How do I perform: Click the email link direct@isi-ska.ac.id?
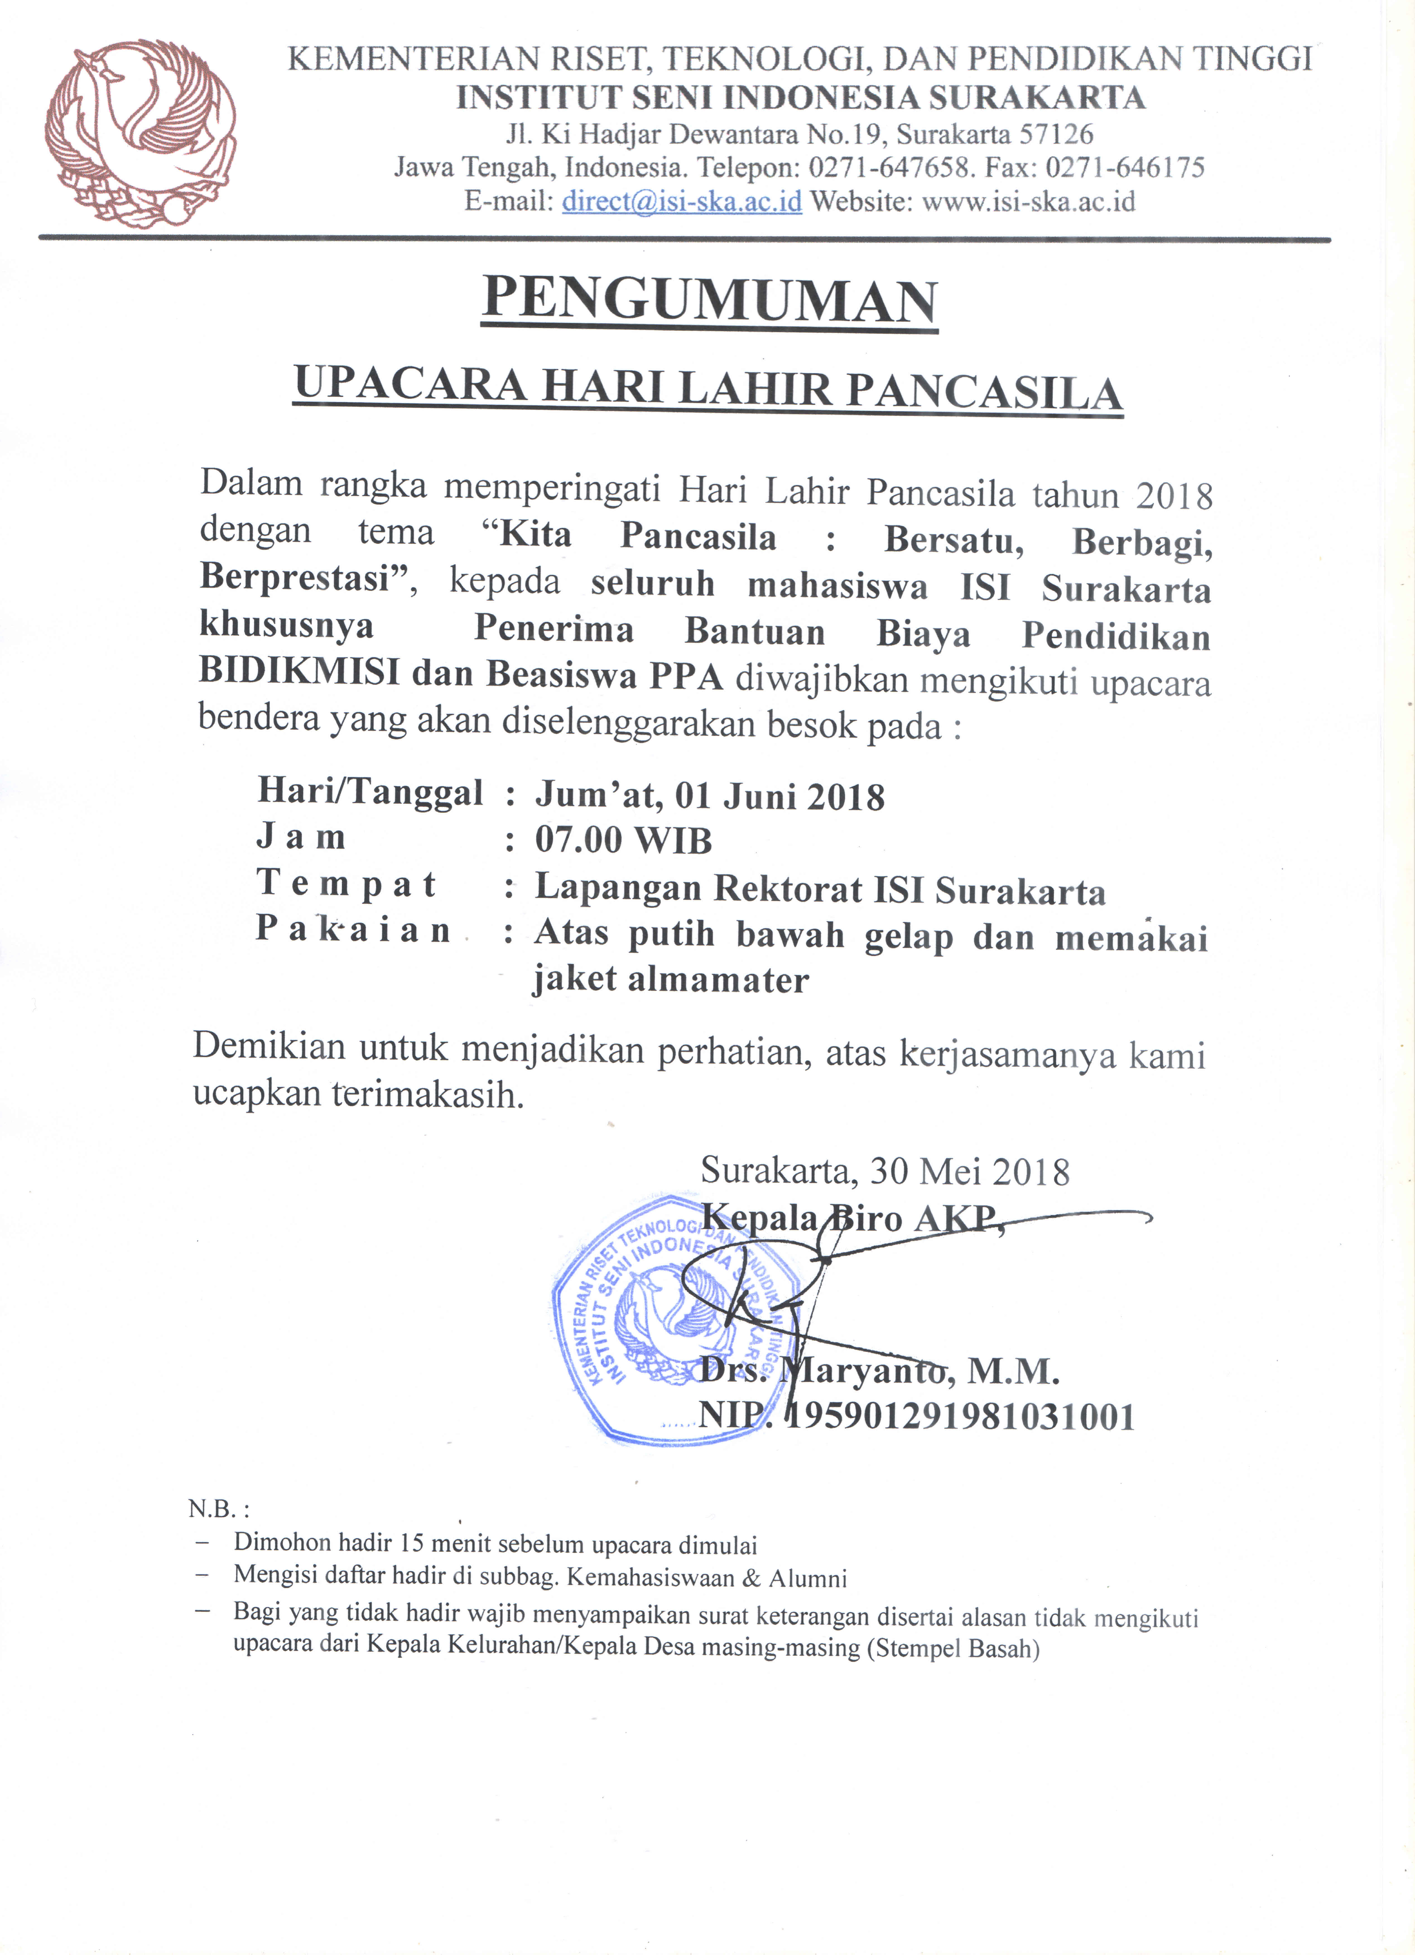[681, 202]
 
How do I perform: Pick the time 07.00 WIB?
[624, 840]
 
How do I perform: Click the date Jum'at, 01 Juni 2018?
[710, 795]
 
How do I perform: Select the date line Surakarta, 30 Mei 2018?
[885, 1171]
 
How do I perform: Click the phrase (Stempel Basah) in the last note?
[953, 1649]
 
